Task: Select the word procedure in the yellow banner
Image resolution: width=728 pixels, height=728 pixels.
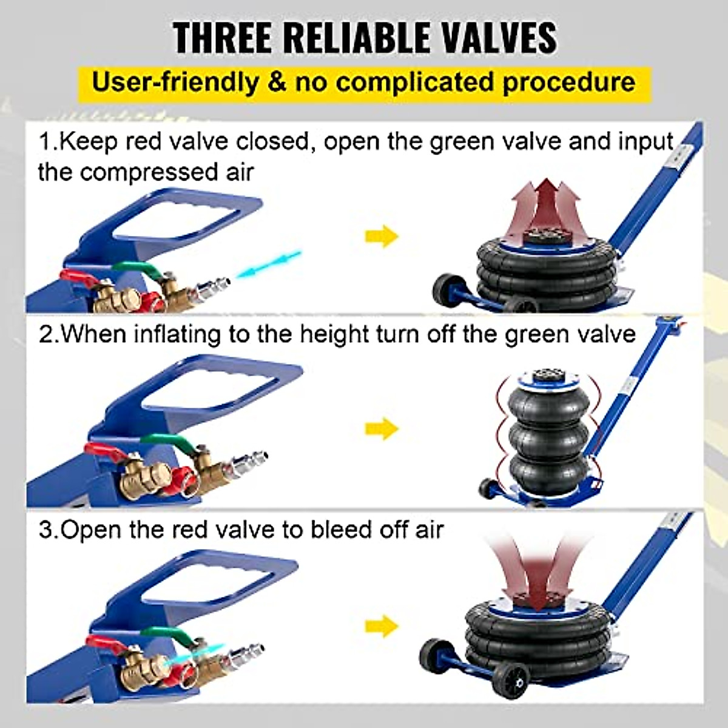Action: click(568, 81)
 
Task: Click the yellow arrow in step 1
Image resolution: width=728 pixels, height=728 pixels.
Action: click(382, 237)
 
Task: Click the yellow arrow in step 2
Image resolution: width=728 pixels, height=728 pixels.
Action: click(382, 429)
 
